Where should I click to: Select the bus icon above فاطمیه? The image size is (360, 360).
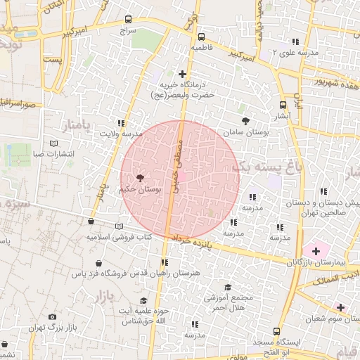(x=202, y=37)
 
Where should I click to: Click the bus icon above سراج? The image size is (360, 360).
(x=127, y=20)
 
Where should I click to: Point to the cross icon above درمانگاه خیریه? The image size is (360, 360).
(x=183, y=73)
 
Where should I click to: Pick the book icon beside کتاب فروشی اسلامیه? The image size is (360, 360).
(x=119, y=226)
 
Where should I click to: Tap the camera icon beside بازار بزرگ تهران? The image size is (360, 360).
(x=53, y=318)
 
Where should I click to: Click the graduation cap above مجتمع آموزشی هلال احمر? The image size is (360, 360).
(x=227, y=287)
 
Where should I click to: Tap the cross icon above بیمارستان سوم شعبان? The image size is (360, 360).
(x=340, y=307)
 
